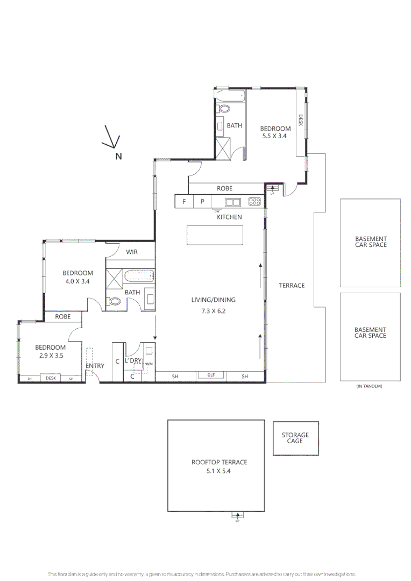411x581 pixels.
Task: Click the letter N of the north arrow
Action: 118,157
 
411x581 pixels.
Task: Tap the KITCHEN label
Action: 229,217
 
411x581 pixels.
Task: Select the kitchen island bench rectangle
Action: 215,235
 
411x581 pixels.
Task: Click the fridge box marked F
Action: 185,202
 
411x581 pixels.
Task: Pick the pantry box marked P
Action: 203,202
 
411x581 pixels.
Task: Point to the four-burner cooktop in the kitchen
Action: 254,202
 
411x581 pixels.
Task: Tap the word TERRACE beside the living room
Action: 292,285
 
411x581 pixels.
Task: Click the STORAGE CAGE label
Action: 295,438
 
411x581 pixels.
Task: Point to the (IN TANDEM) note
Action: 370,386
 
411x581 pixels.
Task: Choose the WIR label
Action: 132,252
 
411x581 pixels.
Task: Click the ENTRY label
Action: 95,366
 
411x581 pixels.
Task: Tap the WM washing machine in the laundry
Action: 150,364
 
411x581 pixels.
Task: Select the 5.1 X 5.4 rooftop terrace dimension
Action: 219,470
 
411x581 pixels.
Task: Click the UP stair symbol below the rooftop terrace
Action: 237,516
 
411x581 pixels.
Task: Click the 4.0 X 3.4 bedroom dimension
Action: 77,281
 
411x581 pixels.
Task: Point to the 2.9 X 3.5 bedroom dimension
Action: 51,356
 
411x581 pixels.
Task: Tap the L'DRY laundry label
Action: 133,360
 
